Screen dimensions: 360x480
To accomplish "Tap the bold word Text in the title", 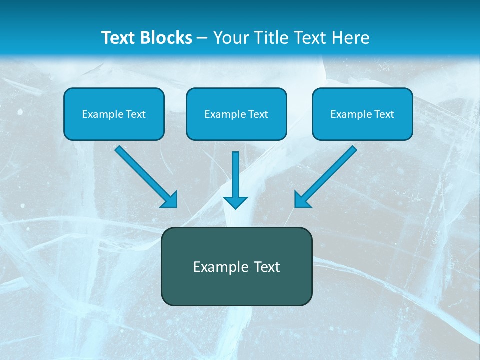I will [120, 38].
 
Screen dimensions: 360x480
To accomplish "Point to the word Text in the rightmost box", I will [384, 114].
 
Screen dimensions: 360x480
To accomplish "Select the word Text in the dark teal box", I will [267, 267].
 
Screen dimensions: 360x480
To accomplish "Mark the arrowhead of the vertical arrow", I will [235, 202].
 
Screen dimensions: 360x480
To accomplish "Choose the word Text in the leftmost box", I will [136, 114].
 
